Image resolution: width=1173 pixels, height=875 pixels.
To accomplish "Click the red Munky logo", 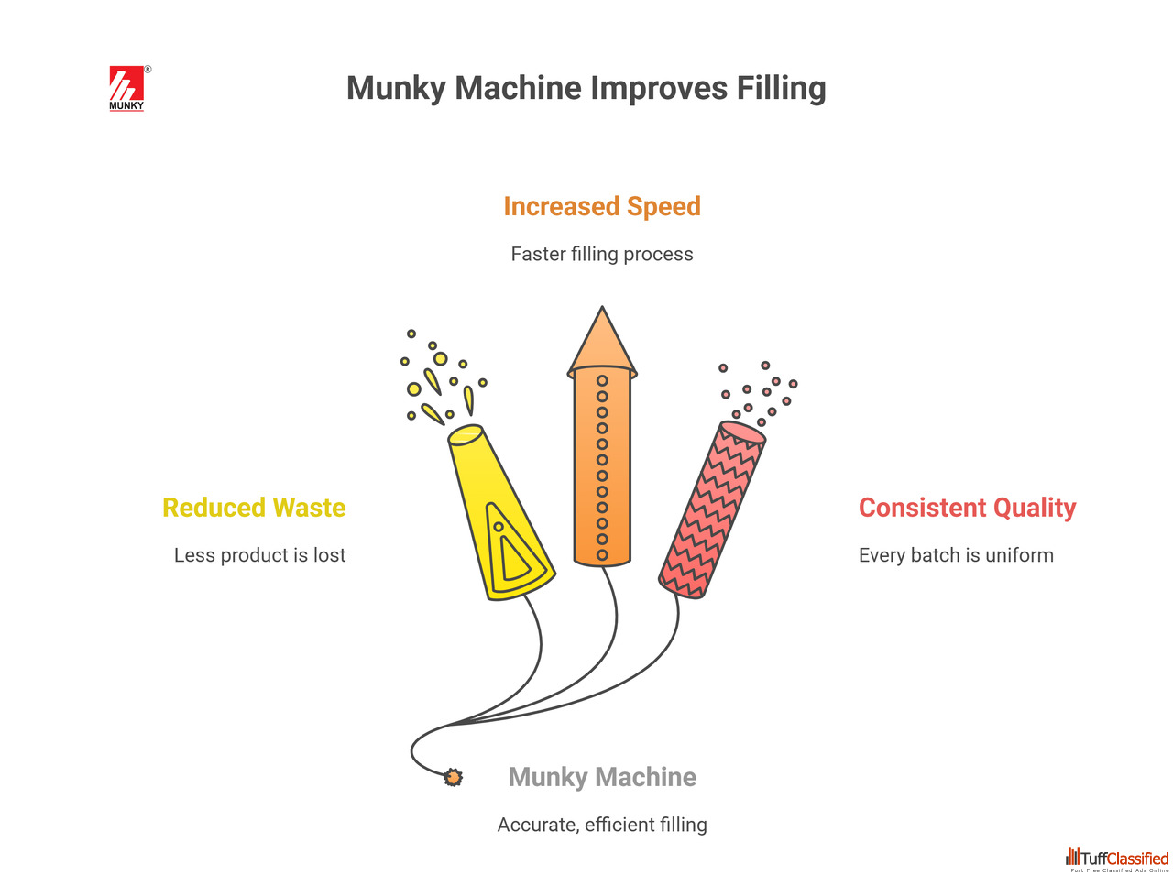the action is click(x=126, y=88).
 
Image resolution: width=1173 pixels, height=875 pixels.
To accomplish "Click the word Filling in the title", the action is click(x=781, y=89).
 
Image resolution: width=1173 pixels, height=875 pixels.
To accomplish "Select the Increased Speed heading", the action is click(x=602, y=206).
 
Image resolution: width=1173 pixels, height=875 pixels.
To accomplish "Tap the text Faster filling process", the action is click(x=602, y=255).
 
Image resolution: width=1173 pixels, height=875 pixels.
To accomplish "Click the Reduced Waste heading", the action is click(x=254, y=507).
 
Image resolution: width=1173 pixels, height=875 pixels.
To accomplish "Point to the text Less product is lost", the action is click(x=259, y=555).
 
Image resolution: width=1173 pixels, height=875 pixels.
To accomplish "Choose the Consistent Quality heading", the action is click(x=967, y=508).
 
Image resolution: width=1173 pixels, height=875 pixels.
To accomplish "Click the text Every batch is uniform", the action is click(x=956, y=555).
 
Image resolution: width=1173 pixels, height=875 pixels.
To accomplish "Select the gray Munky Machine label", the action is click(x=602, y=777).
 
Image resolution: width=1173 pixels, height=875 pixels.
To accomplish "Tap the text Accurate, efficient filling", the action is click(x=602, y=825).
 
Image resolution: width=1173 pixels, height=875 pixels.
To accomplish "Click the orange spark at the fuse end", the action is click(x=454, y=777).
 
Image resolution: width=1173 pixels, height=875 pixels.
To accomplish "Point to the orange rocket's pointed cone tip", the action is click(x=602, y=307).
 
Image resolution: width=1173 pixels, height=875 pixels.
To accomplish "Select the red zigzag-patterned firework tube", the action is click(x=712, y=510).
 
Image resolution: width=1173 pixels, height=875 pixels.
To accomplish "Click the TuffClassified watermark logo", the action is click(x=1117, y=859).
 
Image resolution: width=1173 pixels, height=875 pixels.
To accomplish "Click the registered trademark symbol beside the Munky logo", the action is click(x=148, y=69).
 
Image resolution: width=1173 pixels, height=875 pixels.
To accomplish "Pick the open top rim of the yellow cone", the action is click(x=466, y=434).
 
